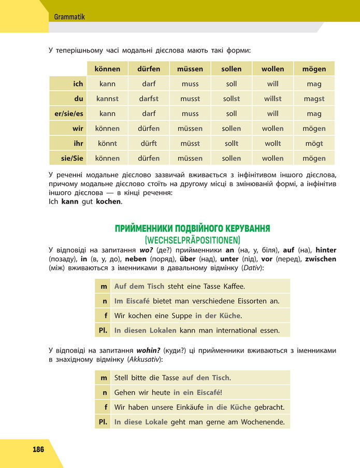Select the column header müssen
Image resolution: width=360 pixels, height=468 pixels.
[x=190, y=69]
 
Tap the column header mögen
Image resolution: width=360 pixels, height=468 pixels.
[x=314, y=69]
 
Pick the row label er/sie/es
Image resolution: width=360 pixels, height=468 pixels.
[x=65, y=114]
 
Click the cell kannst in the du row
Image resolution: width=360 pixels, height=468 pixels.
[x=107, y=98]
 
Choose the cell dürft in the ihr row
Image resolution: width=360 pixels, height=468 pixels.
[x=149, y=144]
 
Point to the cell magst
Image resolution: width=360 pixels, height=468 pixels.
[x=314, y=98]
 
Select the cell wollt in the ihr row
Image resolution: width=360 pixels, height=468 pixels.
[x=272, y=144]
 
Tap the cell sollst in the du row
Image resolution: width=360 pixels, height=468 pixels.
[x=232, y=98]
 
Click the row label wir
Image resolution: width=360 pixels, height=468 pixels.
[x=78, y=129]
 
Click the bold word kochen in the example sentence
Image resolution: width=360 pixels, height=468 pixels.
[x=108, y=201]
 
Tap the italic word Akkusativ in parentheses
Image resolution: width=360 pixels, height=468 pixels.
[x=146, y=359]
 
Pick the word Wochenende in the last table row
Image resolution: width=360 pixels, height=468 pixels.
[x=263, y=422]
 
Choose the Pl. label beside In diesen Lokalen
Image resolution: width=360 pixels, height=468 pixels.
[x=103, y=330]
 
